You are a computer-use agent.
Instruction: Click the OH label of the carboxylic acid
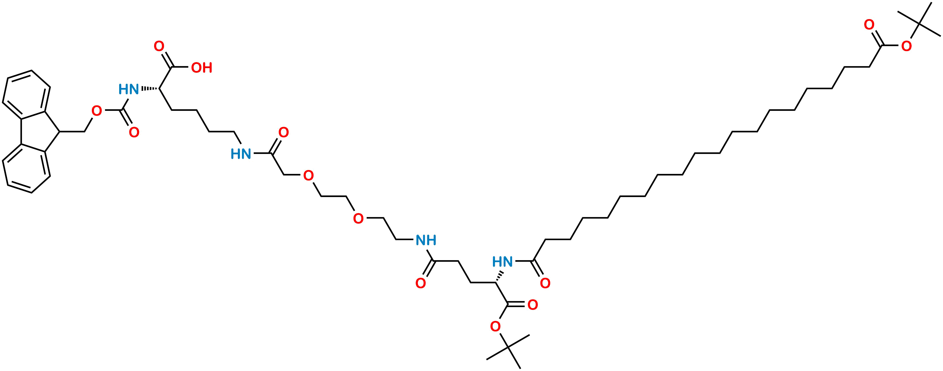[x=202, y=68]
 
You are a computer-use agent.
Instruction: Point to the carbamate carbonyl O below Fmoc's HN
[x=134, y=132]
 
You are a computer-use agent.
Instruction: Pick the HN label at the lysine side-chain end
[x=241, y=154]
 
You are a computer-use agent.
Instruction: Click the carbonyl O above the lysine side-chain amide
[x=284, y=132]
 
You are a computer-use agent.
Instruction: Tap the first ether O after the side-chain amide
[x=309, y=176]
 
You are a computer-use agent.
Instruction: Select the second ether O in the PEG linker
[x=358, y=219]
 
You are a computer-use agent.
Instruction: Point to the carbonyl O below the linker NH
[x=421, y=283]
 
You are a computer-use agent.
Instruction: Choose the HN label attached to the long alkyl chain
[x=503, y=262]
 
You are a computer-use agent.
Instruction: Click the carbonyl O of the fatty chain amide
[x=545, y=283]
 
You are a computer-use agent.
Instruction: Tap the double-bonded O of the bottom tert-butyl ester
[x=533, y=305]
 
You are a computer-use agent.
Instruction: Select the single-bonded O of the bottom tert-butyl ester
[x=495, y=326]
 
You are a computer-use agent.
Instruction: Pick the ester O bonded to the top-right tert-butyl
[x=906, y=46]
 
